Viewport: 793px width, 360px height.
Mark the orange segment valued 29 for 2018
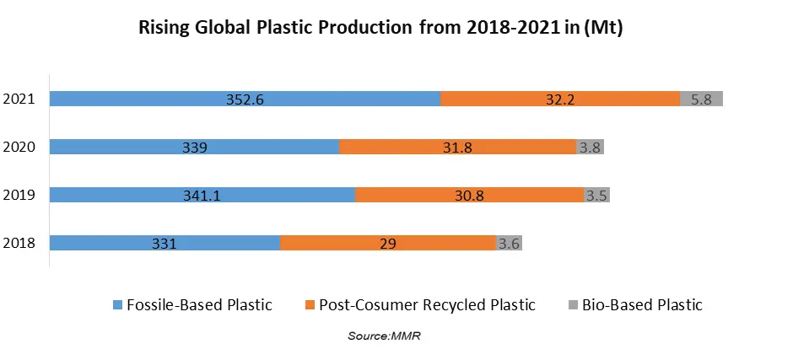pyautogui.click(x=388, y=244)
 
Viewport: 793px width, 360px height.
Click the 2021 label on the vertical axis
pyautogui.click(x=19, y=99)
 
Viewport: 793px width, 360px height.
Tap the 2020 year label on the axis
pyautogui.click(x=19, y=148)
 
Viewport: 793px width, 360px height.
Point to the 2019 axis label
pyautogui.click(x=19, y=196)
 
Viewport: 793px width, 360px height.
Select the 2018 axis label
pyautogui.click(x=19, y=244)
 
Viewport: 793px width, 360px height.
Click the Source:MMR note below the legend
pyautogui.click(x=384, y=336)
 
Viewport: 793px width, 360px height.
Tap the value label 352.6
pyautogui.click(x=245, y=99)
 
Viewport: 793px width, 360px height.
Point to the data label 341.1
pyautogui.click(x=202, y=196)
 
